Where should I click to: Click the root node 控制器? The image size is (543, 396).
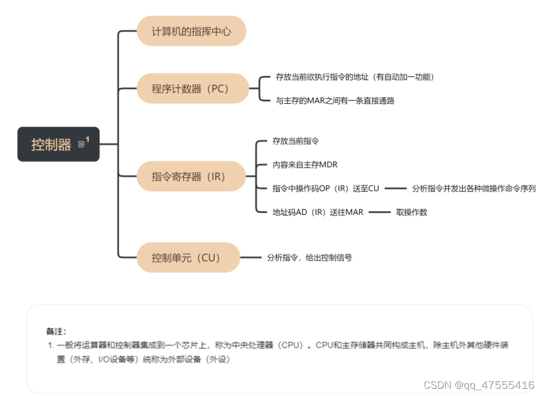tap(52, 145)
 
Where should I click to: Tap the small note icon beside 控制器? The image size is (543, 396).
tap(82, 144)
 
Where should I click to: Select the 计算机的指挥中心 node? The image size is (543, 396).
tap(191, 31)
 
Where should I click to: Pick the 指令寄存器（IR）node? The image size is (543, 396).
tap(190, 177)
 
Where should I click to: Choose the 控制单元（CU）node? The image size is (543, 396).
tap(188, 258)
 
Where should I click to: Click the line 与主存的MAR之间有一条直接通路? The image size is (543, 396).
tap(335, 101)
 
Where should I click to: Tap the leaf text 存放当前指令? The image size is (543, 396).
tap(295, 142)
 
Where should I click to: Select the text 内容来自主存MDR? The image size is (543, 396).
tap(305, 165)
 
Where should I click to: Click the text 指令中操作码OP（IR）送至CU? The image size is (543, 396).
tap(325, 188)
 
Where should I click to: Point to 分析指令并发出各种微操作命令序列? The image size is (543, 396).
tap(474, 188)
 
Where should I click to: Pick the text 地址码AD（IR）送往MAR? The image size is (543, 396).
tap(318, 212)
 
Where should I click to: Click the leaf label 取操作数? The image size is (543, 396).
tap(411, 212)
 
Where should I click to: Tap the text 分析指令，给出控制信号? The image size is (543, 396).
tap(309, 258)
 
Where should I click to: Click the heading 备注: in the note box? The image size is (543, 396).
tap(56, 331)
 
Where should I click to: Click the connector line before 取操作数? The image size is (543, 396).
tap(380, 212)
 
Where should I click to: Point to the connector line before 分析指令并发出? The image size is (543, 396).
tap(396, 188)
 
